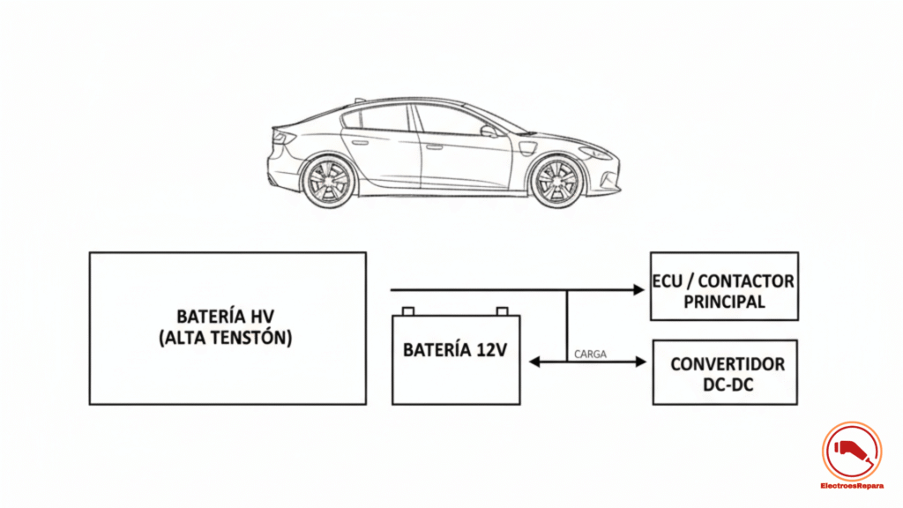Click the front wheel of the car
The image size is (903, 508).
coord(556,181)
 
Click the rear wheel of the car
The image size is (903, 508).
coord(328,181)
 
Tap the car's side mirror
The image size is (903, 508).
coord(489,131)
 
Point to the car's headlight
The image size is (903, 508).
coord(594,153)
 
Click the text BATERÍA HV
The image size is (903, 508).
coord(228,316)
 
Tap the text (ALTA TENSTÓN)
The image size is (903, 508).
coord(228,337)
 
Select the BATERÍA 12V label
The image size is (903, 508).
coord(455,349)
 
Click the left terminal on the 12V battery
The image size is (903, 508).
coord(407,310)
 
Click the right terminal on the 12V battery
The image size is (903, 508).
coord(503,310)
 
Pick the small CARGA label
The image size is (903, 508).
coord(589,354)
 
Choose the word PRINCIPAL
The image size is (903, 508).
coord(723,302)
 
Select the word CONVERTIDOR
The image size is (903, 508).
coord(727,364)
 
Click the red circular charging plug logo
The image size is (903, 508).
coord(851,451)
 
